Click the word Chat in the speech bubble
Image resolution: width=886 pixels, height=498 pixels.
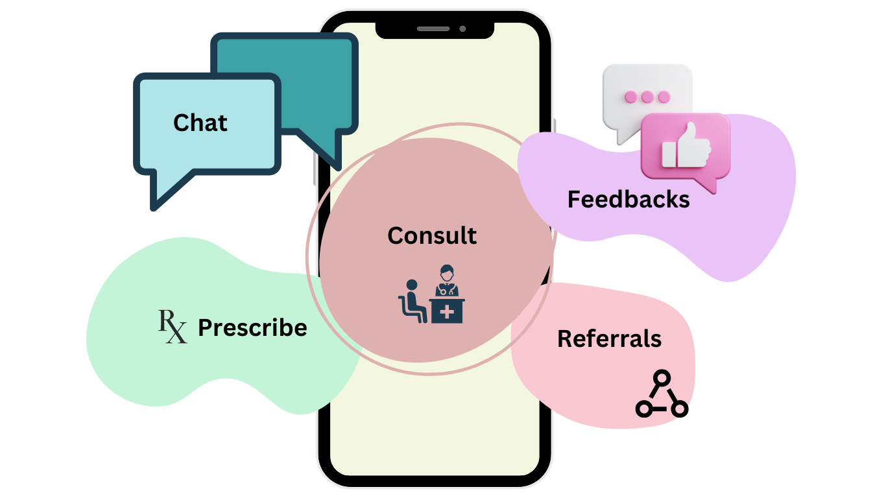click(200, 123)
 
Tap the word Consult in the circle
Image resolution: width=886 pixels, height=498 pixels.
click(432, 235)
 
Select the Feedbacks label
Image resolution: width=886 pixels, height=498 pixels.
click(629, 199)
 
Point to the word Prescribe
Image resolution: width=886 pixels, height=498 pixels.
click(252, 327)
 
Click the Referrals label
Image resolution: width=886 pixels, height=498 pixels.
click(609, 338)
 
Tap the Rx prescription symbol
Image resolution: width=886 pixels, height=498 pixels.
click(173, 326)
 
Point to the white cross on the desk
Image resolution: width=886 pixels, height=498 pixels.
click(447, 312)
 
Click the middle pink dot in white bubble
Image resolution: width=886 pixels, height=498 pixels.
click(647, 97)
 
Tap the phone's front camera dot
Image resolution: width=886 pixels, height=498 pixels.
click(462, 29)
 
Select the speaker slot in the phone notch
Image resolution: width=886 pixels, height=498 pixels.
click(433, 29)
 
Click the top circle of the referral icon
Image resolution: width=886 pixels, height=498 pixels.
click(661, 377)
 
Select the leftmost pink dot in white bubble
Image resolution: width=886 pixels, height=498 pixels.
click(630, 97)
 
